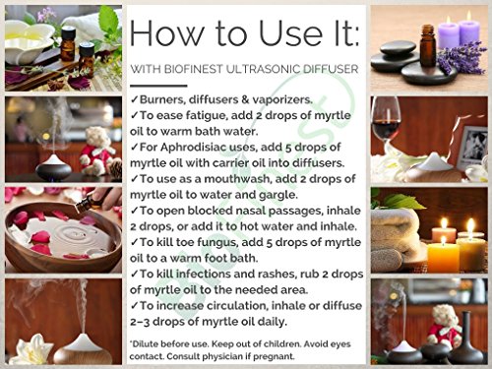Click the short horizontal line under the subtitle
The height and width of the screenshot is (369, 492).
pos(158,86)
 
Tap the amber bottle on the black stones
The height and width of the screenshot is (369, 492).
pos(428,46)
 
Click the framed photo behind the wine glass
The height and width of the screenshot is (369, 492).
pos(472,146)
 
